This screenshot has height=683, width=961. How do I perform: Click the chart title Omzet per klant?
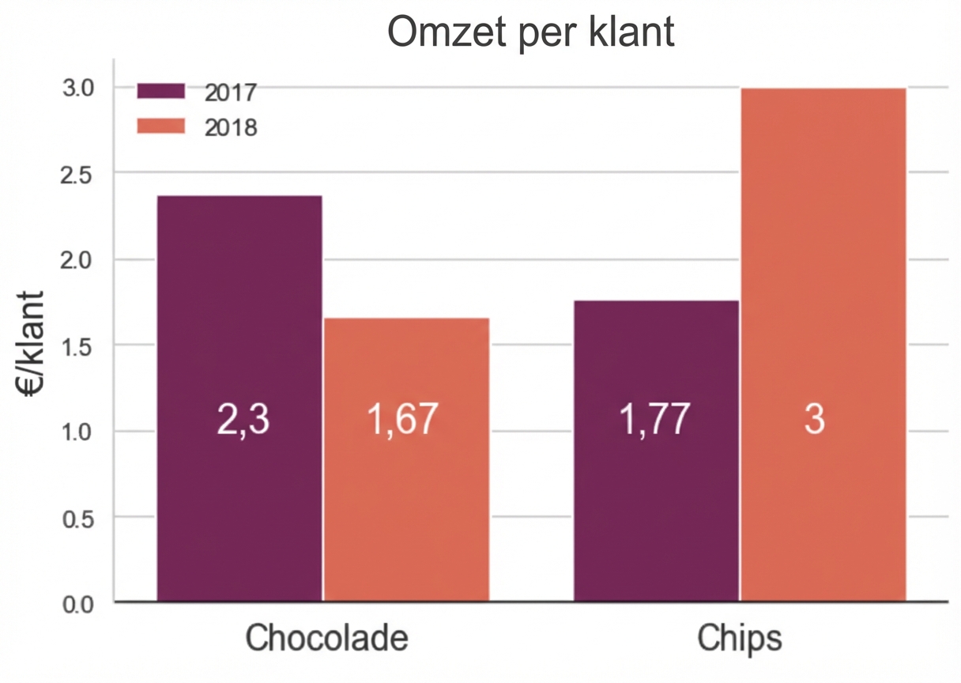click(531, 32)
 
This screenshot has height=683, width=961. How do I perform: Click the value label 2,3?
click(243, 420)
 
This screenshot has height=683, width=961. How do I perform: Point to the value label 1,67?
click(401, 420)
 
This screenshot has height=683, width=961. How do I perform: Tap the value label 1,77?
click(654, 420)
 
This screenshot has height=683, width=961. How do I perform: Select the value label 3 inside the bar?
click(814, 420)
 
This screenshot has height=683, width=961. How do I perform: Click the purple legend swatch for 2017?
click(160, 90)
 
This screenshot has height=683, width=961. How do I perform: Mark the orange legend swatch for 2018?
click(160, 126)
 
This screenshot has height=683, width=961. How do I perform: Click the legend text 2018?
click(231, 127)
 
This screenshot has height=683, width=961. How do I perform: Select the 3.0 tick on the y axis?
click(78, 88)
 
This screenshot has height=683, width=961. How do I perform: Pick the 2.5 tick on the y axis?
click(78, 174)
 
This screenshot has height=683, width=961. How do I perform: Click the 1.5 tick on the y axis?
click(78, 346)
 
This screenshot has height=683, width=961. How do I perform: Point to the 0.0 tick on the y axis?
click(78, 605)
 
